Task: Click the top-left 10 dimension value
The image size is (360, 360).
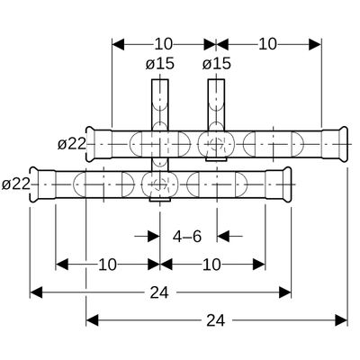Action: click(164, 44)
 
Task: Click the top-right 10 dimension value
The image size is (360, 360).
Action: click(267, 44)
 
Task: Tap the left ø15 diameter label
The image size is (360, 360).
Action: click(160, 64)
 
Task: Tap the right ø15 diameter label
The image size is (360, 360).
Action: click(216, 64)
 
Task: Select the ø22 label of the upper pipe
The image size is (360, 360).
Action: click(72, 145)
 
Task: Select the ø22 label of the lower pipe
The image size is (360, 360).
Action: click(16, 184)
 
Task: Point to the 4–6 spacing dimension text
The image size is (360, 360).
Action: click(187, 237)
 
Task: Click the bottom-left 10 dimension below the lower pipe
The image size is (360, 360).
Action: click(107, 265)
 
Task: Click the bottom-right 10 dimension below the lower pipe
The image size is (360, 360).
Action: click(211, 265)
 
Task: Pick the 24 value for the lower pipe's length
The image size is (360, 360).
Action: click(159, 292)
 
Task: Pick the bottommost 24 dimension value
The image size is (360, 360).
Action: click(216, 320)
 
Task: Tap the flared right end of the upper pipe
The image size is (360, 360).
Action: click(344, 145)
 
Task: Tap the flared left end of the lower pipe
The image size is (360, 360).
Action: click(33, 184)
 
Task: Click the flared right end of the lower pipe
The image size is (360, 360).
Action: click(287, 184)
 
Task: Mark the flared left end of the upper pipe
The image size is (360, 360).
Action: click(90, 145)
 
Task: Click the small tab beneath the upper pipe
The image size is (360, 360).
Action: click(216, 159)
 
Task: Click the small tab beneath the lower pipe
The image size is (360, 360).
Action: click(160, 199)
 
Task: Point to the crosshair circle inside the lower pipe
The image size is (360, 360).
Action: click(160, 184)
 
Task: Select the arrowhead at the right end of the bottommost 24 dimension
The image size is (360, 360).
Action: click(341, 320)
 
